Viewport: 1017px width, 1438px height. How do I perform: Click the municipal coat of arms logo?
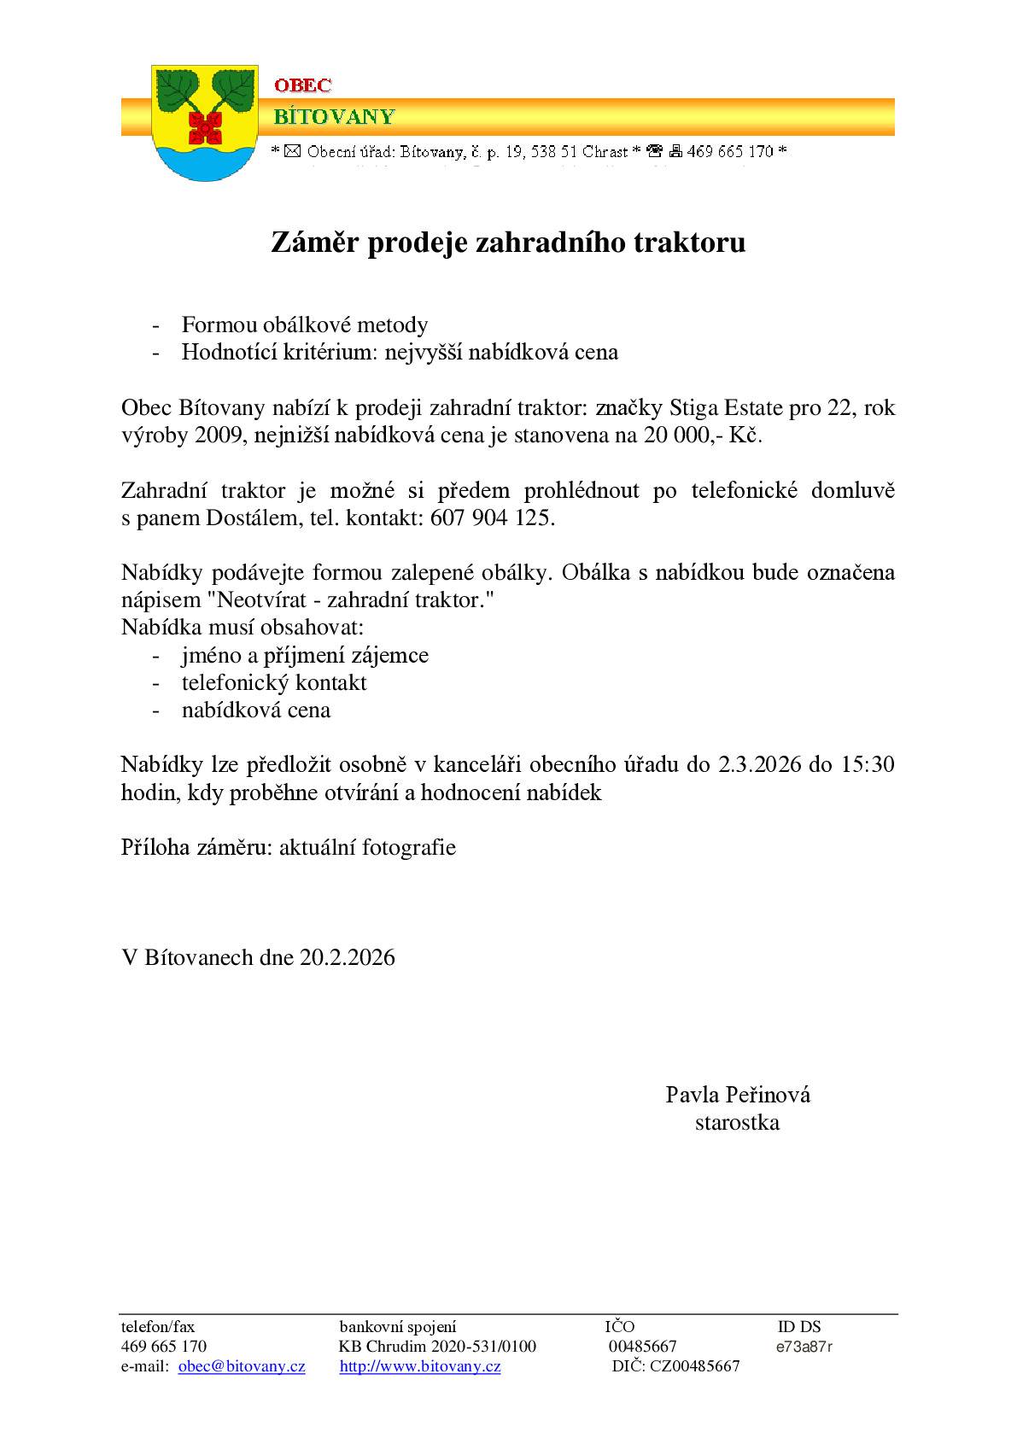[x=204, y=123]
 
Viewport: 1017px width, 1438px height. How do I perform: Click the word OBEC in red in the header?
[x=302, y=85]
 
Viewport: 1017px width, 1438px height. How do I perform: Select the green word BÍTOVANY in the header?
[x=334, y=116]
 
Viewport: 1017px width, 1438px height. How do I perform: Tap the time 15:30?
[x=868, y=764]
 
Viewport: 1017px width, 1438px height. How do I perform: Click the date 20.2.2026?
[x=347, y=957]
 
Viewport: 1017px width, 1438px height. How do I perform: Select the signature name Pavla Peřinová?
[x=738, y=1095]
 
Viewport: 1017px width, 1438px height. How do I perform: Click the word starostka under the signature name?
[x=737, y=1122]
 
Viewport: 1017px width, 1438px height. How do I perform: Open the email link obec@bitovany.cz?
[x=242, y=1366]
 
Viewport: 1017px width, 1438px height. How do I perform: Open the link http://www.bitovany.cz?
[x=420, y=1366]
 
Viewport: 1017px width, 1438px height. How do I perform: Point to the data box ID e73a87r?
[x=804, y=1347]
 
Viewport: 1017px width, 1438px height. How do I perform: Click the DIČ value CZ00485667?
[x=694, y=1366]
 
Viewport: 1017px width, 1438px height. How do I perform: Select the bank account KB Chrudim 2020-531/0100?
[x=437, y=1347]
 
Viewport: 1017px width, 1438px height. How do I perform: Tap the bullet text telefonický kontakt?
[x=274, y=682]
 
